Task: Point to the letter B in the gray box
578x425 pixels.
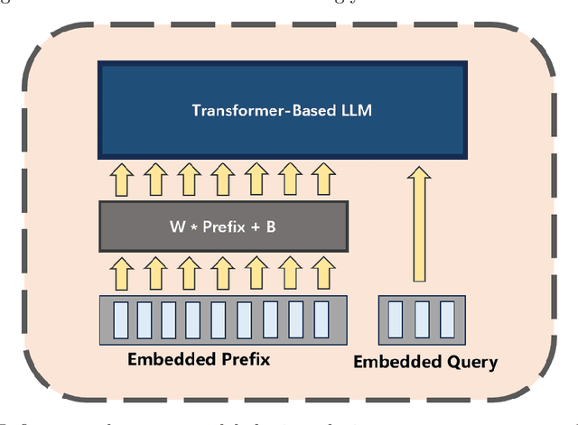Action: (271, 226)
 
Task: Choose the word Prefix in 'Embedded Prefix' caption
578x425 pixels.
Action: (244, 359)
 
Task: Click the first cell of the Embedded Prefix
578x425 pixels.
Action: (121, 318)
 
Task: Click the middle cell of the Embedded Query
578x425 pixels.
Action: (421, 319)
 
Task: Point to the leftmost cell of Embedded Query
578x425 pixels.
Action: (396, 319)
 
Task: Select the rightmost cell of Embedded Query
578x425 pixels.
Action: (445, 319)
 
